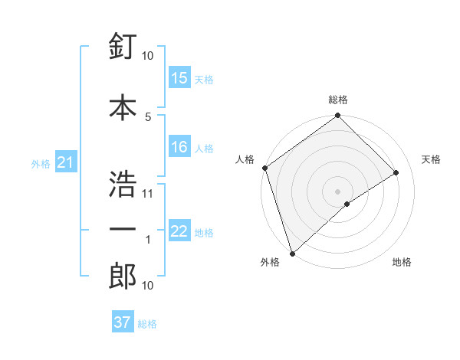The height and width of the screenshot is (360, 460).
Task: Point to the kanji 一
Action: pos(123,230)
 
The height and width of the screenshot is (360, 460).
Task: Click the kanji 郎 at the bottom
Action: pos(123,276)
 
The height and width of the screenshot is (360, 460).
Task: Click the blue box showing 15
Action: pos(179,78)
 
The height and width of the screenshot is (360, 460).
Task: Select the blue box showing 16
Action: pos(179,147)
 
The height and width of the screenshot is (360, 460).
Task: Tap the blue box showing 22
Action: pos(179,231)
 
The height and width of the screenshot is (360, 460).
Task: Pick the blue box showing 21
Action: pos(65,162)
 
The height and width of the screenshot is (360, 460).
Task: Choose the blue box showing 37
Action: pos(123,322)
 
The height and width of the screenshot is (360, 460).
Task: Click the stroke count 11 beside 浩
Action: pos(148,193)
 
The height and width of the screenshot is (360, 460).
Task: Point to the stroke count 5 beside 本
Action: pos(148,116)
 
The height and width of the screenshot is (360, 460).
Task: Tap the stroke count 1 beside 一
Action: pos(148,240)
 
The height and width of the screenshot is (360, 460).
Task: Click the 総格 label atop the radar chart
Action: pos(338,100)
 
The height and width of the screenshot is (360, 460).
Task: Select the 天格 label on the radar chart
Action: pos(431,159)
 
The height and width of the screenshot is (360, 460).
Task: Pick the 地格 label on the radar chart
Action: pos(402,263)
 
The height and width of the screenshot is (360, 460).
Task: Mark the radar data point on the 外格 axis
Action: pos(291,254)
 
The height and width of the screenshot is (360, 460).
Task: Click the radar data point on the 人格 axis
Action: pos(264,168)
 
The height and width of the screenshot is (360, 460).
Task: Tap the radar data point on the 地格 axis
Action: pos(347,204)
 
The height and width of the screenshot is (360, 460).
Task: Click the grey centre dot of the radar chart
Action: pos(337,191)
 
